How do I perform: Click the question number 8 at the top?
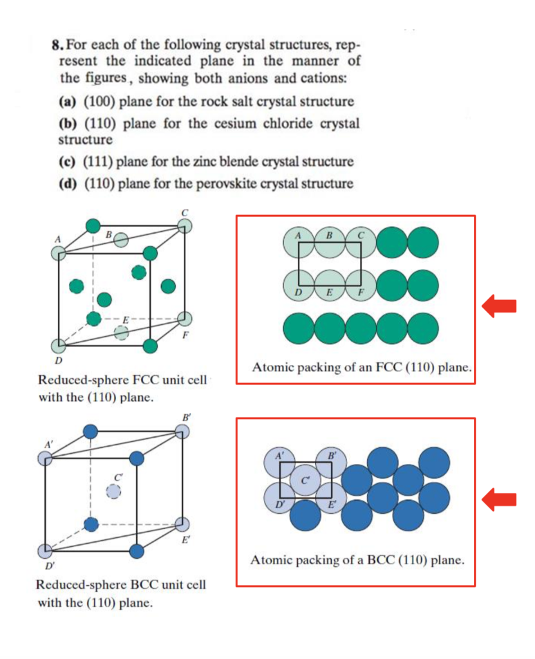(56, 46)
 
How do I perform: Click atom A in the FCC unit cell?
(59, 252)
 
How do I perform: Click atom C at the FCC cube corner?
(184, 226)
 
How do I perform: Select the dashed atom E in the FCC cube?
(120, 333)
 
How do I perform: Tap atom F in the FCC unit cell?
(184, 318)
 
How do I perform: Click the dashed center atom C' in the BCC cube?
(113, 492)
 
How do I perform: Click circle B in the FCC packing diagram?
(330, 241)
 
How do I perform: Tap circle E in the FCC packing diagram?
(330, 284)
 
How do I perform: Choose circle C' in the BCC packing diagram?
(306, 481)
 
